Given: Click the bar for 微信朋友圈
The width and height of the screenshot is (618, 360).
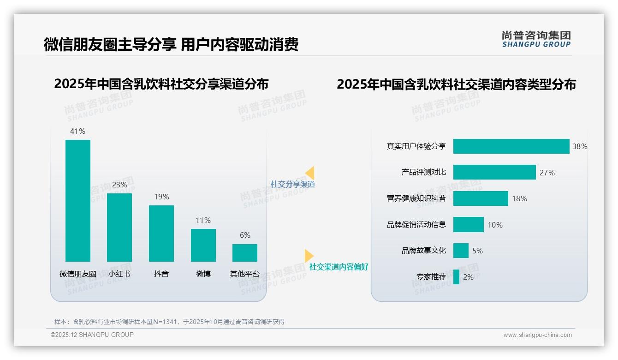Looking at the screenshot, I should [x=78, y=201].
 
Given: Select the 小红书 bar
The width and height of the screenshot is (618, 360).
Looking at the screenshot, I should [x=119, y=228].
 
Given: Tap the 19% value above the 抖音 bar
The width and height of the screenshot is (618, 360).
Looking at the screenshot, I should [x=161, y=197].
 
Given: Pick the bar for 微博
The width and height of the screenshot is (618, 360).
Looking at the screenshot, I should [x=203, y=245].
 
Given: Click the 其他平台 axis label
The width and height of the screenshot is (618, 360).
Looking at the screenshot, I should [x=245, y=274].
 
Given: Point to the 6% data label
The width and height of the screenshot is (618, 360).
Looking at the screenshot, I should [x=245, y=235].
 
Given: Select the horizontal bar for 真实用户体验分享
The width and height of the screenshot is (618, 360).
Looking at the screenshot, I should [x=511, y=146].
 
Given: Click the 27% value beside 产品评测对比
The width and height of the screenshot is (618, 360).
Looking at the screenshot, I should [x=547, y=173].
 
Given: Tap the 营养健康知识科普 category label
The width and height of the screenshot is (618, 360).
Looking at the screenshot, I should [x=416, y=198].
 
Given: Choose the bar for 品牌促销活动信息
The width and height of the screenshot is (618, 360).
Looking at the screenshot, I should [x=468, y=225].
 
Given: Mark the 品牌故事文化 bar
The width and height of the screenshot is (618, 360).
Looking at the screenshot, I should [x=461, y=251].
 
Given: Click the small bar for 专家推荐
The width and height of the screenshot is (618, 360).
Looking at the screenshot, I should [x=456, y=277].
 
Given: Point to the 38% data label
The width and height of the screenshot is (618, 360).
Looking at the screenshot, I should [x=580, y=146].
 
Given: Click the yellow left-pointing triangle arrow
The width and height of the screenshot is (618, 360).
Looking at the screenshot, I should [x=310, y=173].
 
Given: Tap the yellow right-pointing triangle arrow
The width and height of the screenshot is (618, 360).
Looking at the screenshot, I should [x=309, y=256].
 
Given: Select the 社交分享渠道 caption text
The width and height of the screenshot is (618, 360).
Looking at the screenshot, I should [x=293, y=184].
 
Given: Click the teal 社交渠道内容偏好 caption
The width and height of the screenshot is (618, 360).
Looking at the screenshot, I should [x=339, y=267].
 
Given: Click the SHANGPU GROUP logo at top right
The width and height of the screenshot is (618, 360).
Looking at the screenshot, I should [x=536, y=39].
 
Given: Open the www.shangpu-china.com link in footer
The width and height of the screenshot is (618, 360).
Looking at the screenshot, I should [x=537, y=335].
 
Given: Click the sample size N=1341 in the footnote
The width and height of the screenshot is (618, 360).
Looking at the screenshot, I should [x=164, y=322].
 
